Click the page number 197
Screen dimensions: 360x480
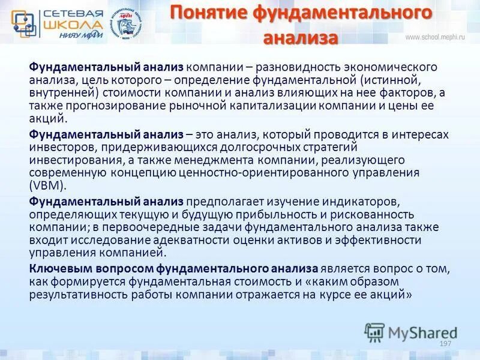pos(445,343)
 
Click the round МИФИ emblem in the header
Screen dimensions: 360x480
pos(128,25)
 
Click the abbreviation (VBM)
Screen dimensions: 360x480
pos(46,186)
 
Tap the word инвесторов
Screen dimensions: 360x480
pos(55,148)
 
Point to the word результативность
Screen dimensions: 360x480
pos(74,295)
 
